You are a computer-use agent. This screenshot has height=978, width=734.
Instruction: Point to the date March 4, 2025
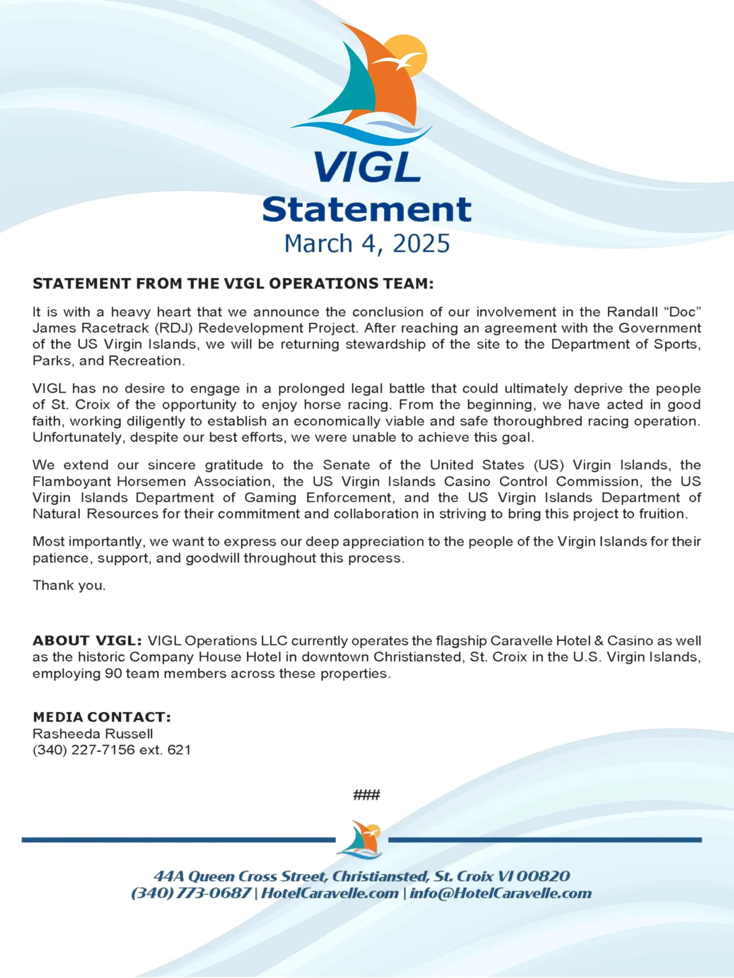pos(367,244)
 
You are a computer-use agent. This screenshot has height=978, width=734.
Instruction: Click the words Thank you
pos(69,585)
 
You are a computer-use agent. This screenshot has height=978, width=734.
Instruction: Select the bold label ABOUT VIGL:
pos(87,640)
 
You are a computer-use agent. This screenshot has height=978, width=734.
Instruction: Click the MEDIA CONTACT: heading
pos(102,717)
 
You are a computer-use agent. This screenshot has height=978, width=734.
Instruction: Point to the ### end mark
pos(366,796)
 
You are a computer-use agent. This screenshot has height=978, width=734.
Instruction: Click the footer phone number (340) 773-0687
pos(191,893)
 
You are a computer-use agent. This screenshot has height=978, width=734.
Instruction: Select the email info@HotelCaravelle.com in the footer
pos(500,893)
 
